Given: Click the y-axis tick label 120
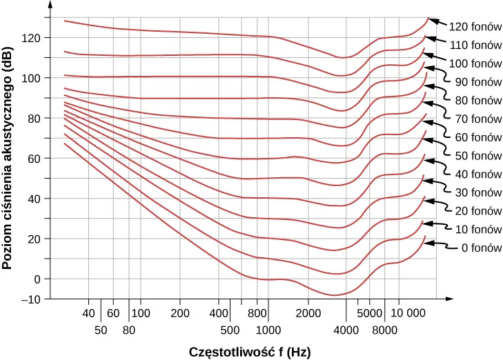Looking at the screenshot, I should (32, 37).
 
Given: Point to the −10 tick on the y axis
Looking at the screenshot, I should (30, 299).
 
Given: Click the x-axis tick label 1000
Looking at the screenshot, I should (268, 330).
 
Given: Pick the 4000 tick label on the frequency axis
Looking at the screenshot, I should (346, 330).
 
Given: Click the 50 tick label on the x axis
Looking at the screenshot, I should (101, 330).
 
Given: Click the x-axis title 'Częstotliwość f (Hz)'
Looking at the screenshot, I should (249, 351).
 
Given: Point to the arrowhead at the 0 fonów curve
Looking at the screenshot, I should (428, 243).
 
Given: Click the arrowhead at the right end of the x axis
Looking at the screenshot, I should (449, 299).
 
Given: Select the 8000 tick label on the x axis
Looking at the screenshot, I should (385, 330).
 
